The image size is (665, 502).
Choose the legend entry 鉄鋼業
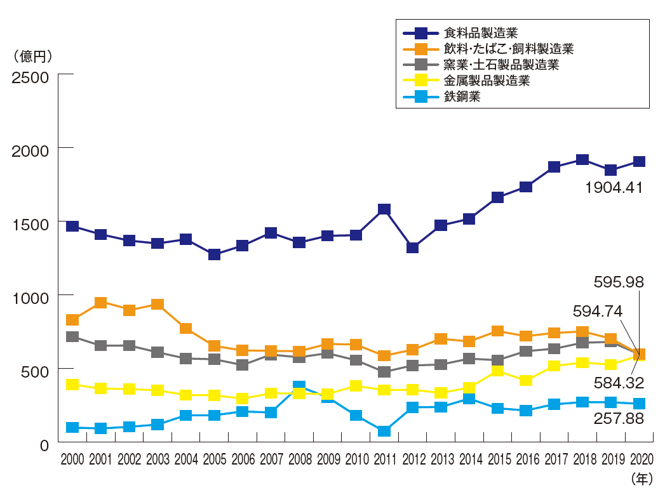click(x=462, y=96)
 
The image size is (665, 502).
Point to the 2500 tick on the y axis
click(x=30, y=77)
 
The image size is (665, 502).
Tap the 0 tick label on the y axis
click(x=43, y=445)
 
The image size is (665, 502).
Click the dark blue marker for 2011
click(x=384, y=209)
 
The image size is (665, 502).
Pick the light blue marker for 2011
click(x=384, y=432)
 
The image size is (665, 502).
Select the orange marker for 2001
click(x=100, y=303)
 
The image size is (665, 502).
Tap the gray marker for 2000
click(x=72, y=337)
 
